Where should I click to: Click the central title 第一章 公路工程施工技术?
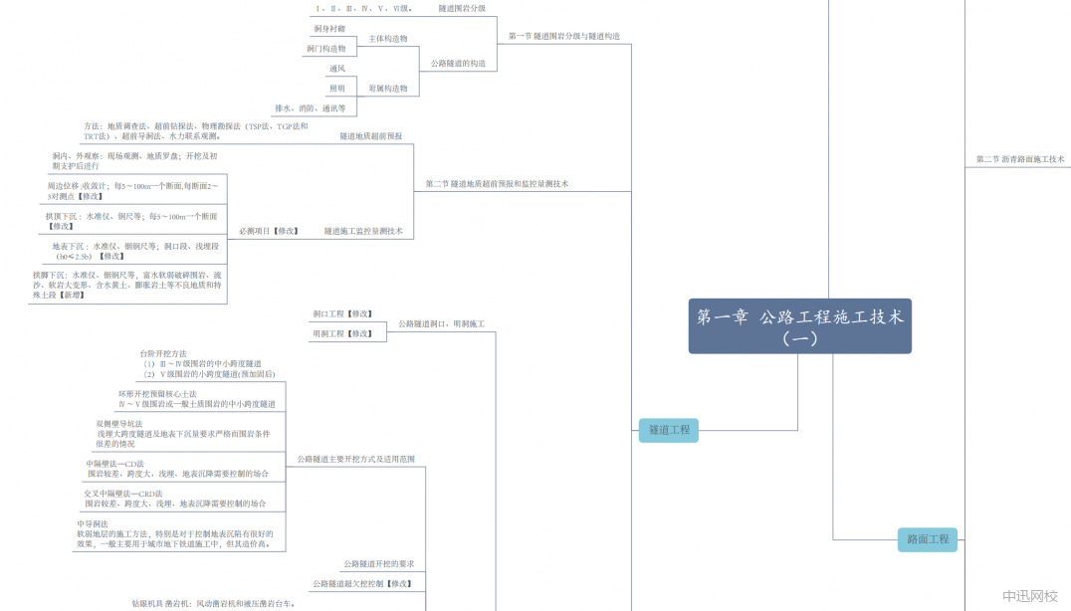(799, 325)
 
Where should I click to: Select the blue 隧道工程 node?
(669, 430)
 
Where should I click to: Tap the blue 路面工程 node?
(928, 539)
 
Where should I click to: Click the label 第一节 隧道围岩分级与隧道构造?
(563, 36)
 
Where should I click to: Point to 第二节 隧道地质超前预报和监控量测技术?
(497, 184)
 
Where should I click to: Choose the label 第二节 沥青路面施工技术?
(1020, 159)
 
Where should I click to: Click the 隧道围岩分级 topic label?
(462, 8)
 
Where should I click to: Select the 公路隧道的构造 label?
(458, 64)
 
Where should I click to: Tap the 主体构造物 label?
(388, 39)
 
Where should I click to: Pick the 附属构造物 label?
(388, 89)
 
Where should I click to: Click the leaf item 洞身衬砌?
(329, 29)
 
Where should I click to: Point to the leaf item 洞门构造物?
(326, 49)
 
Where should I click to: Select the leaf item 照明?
(337, 89)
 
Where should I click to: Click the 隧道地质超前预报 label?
(370, 135)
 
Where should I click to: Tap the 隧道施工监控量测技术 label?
(363, 231)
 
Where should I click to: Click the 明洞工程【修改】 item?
(340, 334)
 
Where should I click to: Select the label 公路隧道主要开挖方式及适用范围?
(355, 459)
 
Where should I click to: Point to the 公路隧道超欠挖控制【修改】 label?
(361, 583)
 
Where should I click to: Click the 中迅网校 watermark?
(1029, 595)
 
